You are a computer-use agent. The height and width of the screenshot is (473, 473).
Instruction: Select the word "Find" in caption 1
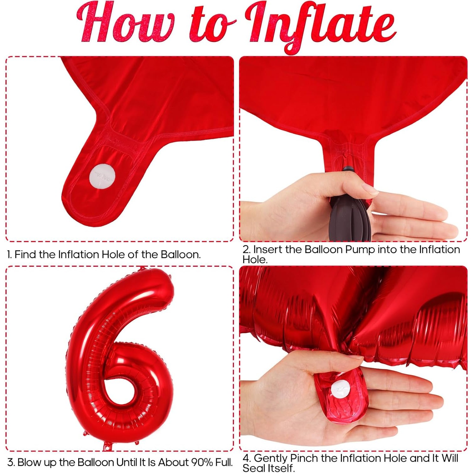click(x=26, y=254)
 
